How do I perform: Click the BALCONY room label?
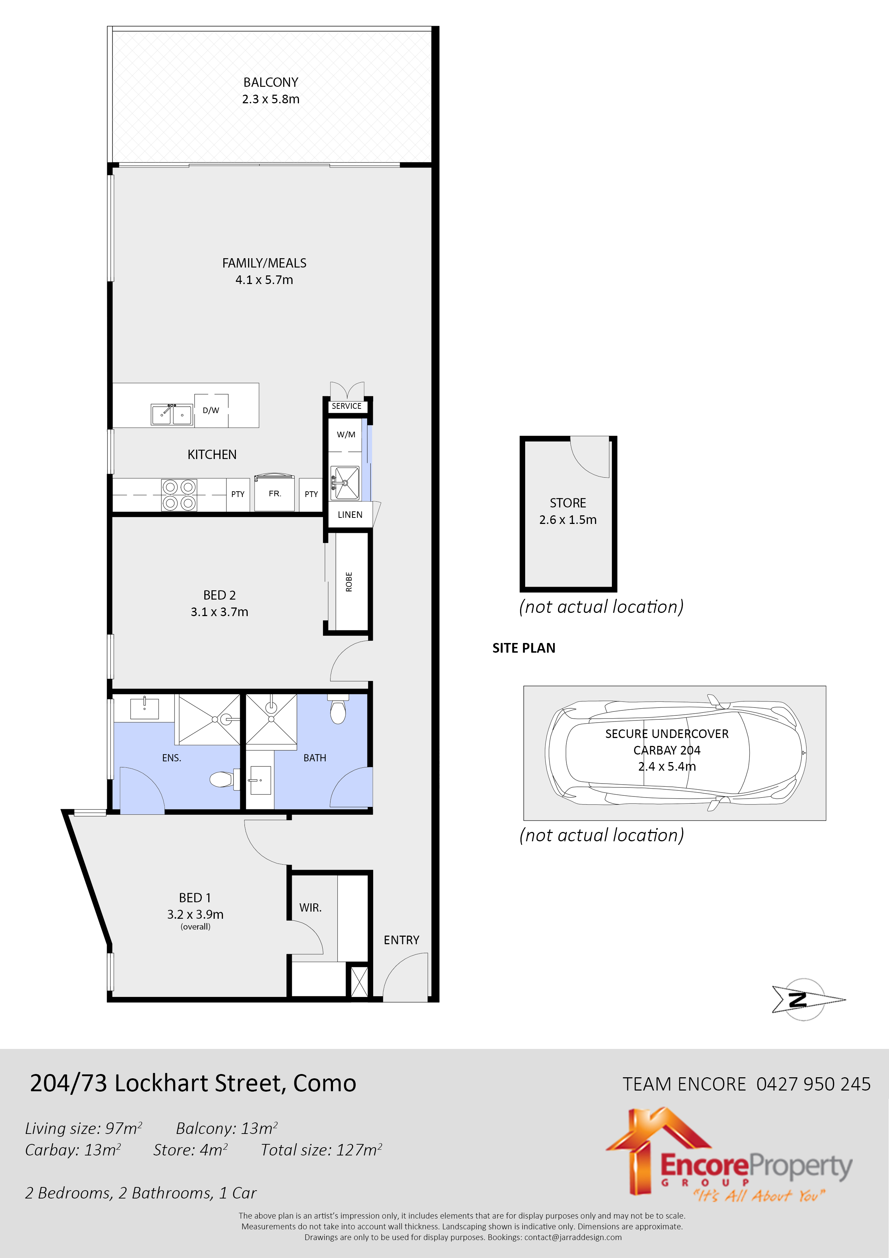[x=271, y=82]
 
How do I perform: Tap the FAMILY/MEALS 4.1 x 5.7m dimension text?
[x=264, y=280]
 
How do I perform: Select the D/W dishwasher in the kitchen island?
[x=211, y=410]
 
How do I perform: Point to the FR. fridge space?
[x=275, y=494]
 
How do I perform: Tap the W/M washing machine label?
[x=346, y=435]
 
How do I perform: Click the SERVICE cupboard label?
[x=346, y=406]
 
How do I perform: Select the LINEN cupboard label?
[x=350, y=515]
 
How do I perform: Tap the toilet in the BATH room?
[x=338, y=711]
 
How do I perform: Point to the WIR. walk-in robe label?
[x=310, y=908]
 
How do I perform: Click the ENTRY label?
[x=401, y=940]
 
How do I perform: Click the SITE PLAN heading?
[x=524, y=648]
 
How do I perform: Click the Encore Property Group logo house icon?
[x=657, y=1145]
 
